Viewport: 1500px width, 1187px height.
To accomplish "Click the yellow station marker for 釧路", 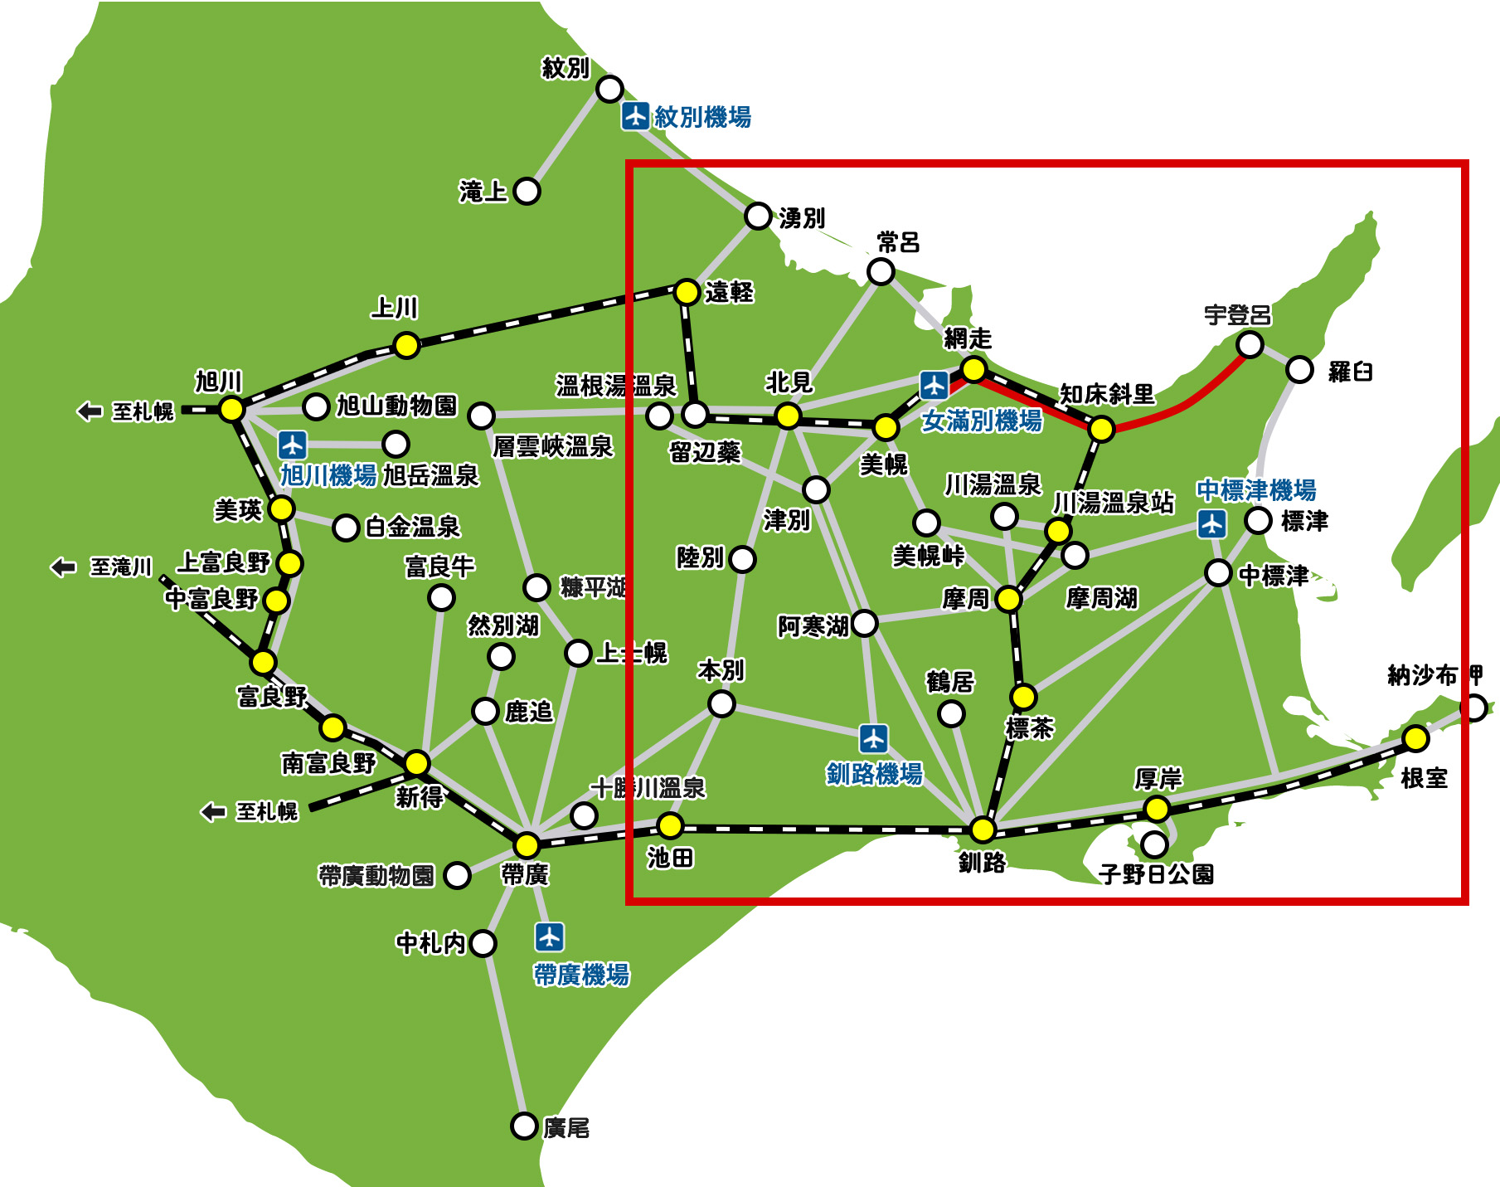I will pos(983,829).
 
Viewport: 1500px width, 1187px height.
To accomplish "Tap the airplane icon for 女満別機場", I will pos(934,385).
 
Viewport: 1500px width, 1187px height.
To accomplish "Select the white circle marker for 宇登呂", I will pos(1250,343).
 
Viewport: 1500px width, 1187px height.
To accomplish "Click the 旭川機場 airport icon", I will pos(292,445).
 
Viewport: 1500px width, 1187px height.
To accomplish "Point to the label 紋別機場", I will pos(702,117).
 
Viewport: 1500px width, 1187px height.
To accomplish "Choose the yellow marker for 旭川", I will pos(231,409).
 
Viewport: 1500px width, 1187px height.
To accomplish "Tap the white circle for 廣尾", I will pos(524,1126).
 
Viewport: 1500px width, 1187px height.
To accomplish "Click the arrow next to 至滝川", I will pos(63,567).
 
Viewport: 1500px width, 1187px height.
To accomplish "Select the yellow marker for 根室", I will pos(1415,737).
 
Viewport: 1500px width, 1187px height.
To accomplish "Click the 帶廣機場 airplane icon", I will pos(550,937).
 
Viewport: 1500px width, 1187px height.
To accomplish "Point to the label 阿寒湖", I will pos(813,626).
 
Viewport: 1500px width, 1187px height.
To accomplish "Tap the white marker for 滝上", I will pos(527,191).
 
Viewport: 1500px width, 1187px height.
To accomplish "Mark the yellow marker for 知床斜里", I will pos(1101,428).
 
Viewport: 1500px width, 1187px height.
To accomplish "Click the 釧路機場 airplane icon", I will pos(874,738).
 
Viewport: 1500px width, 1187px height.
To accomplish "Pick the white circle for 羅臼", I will pos(1299,370).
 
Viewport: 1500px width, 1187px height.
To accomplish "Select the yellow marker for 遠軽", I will pos(687,292).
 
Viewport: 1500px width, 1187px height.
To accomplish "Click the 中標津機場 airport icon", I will pos(1212,523).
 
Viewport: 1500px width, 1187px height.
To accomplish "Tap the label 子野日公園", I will pos(1156,873).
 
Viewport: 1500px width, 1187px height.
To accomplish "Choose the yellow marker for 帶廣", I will pos(527,845).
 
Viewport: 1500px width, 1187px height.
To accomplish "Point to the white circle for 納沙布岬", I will pos(1473,708).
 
